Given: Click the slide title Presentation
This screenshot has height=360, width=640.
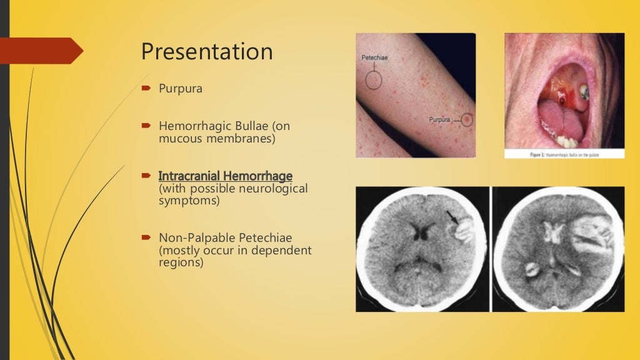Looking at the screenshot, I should point(207,51).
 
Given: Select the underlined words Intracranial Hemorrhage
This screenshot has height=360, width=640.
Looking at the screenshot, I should point(226,176).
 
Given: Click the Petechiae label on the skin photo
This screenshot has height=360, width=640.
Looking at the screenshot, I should point(374,57).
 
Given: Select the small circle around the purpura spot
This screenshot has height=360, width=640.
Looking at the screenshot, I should point(466,119).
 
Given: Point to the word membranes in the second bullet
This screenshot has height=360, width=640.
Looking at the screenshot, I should point(242,139).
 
